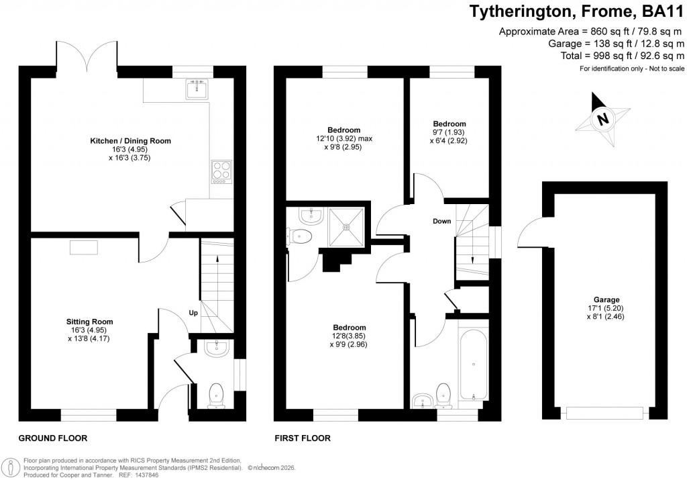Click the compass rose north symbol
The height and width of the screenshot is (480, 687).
(x=602, y=120)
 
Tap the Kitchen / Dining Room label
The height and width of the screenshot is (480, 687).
(x=131, y=141)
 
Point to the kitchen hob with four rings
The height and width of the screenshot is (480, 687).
(x=221, y=171)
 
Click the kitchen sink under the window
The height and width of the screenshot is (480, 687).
(x=197, y=88)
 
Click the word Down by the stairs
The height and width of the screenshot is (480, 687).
(x=441, y=222)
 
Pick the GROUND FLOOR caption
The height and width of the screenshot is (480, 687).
(x=52, y=438)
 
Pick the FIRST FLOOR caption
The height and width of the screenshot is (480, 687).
(x=303, y=438)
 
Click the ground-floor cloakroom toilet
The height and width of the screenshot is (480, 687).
(x=217, y=395)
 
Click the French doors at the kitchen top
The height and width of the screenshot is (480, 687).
(x=87, y=57)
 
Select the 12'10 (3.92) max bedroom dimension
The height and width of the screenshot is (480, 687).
(x=344, y=139)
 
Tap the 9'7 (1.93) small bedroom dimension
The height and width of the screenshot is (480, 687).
(x=449, y=133)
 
